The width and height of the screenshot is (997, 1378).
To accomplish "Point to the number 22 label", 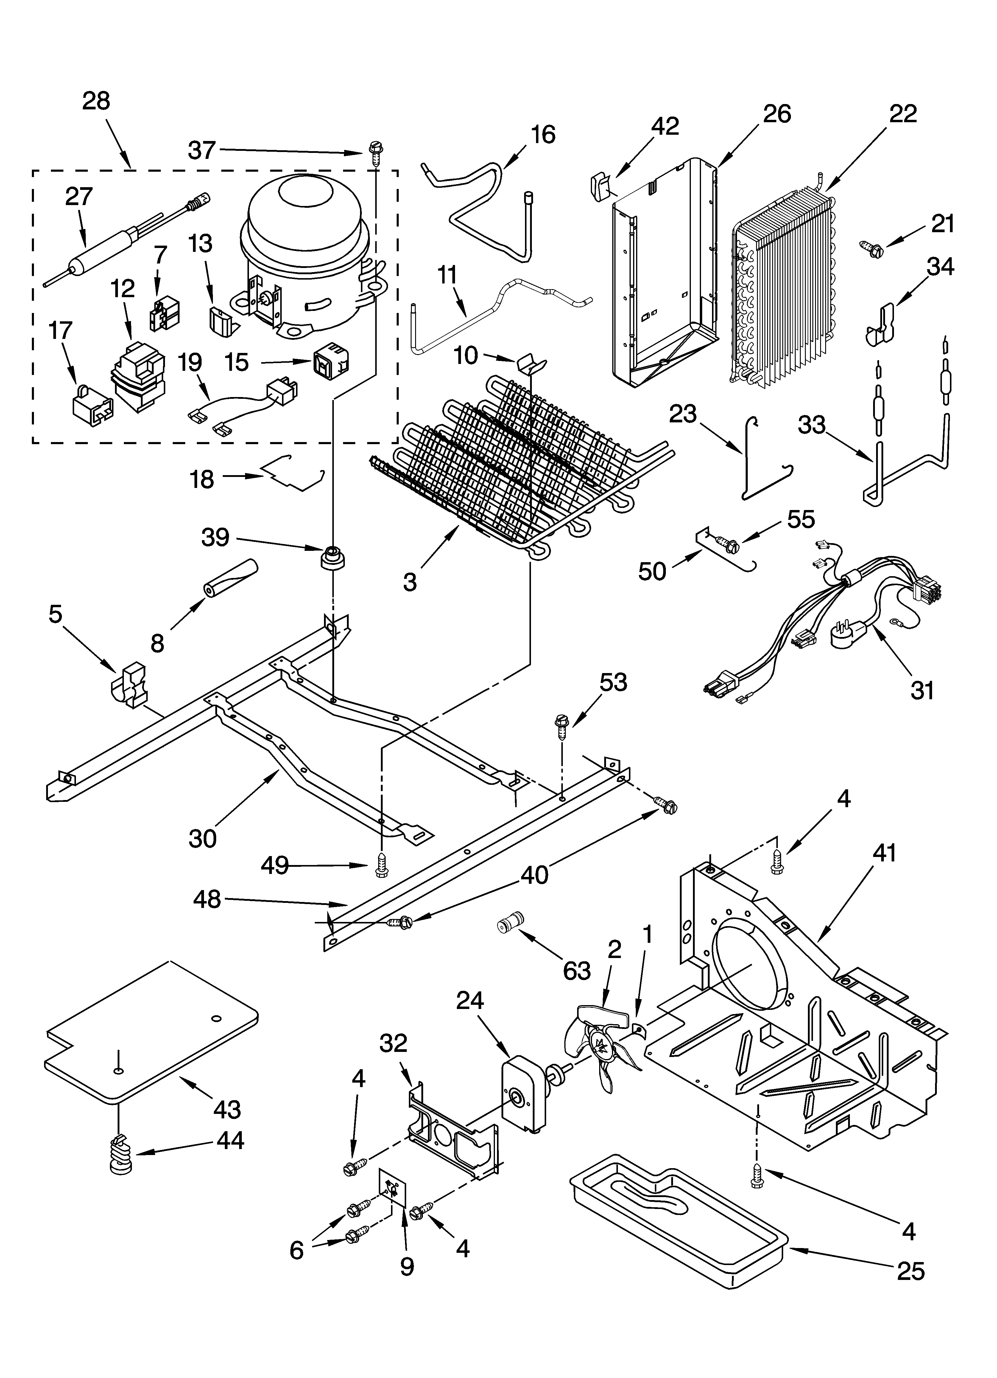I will (x=903, y=114).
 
